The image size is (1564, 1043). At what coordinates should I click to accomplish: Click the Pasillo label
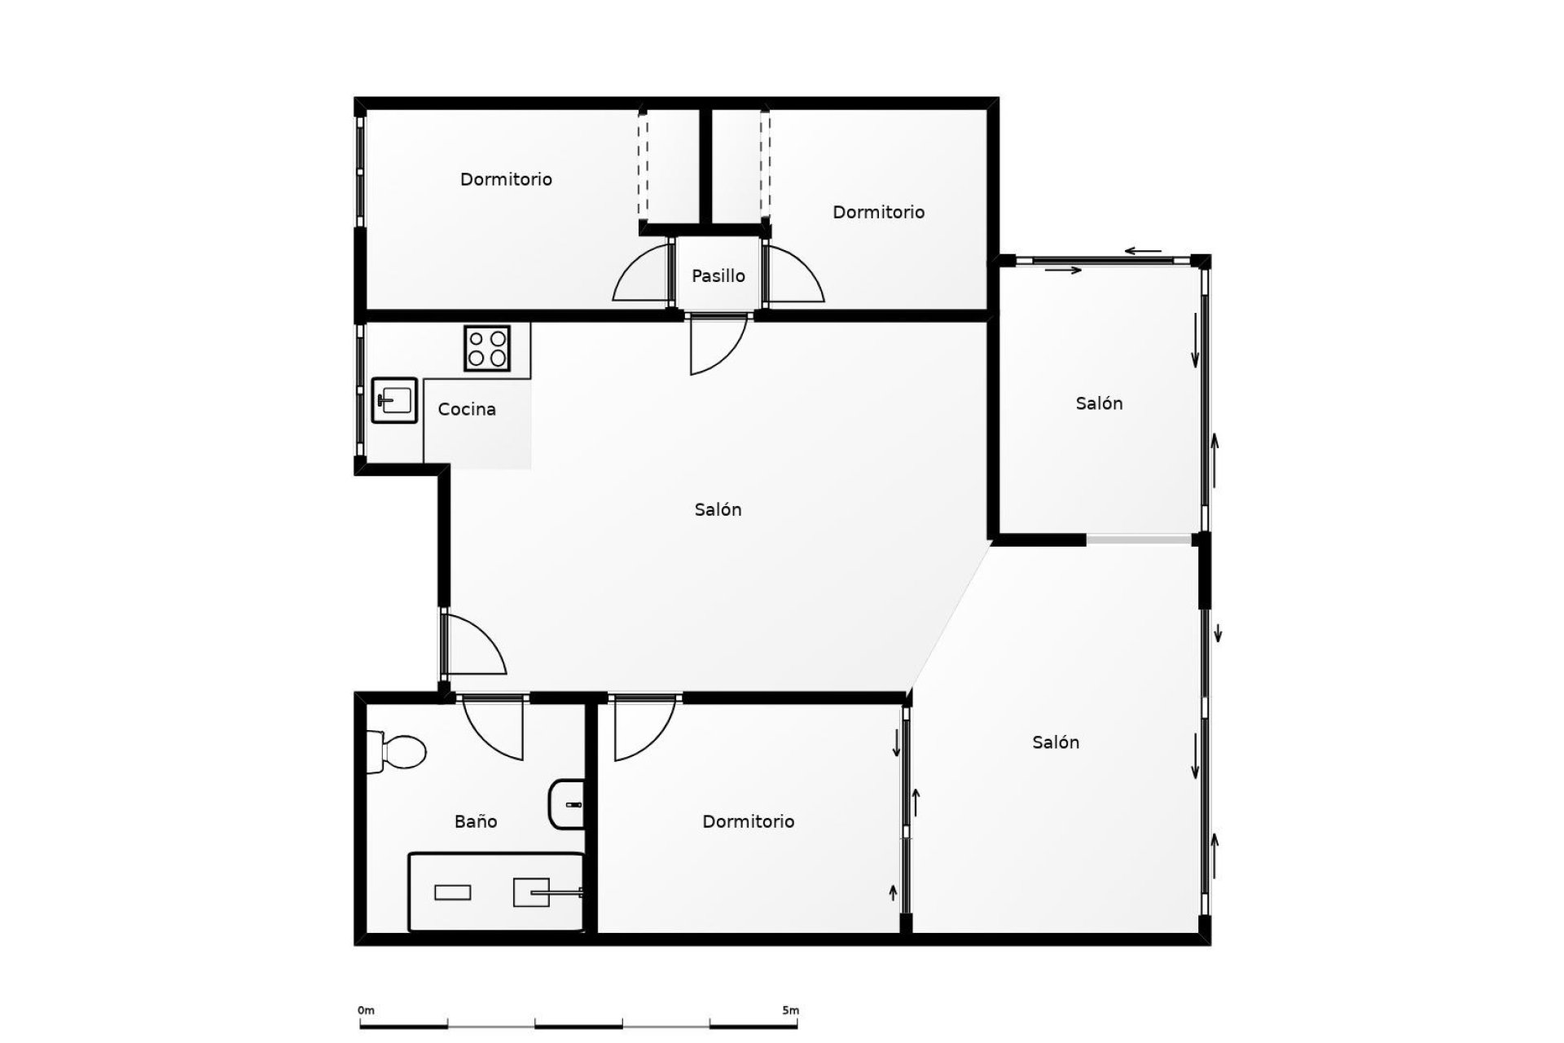718,276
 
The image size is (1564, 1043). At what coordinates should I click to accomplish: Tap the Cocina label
467,409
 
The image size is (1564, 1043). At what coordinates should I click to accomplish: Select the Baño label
476,821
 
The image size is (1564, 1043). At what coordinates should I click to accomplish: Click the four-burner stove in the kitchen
487,349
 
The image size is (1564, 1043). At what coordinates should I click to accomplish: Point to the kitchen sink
394,400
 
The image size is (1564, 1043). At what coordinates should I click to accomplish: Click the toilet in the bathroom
397,751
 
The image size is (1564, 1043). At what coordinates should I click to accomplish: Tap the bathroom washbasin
567,804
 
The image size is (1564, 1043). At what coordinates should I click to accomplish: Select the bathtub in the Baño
496,892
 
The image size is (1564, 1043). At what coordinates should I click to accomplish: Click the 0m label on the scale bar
366,1010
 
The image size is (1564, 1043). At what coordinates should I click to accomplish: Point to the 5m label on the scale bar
790,1010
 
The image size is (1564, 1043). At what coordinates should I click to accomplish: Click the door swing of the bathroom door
494,728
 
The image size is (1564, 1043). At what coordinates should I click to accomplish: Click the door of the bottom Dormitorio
644,728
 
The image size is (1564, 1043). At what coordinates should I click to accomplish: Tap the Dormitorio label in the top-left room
506,179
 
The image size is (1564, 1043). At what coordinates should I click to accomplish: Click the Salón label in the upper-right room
1099,403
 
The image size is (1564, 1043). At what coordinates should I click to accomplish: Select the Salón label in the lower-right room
1056,742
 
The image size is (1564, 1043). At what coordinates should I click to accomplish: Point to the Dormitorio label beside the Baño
748,821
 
